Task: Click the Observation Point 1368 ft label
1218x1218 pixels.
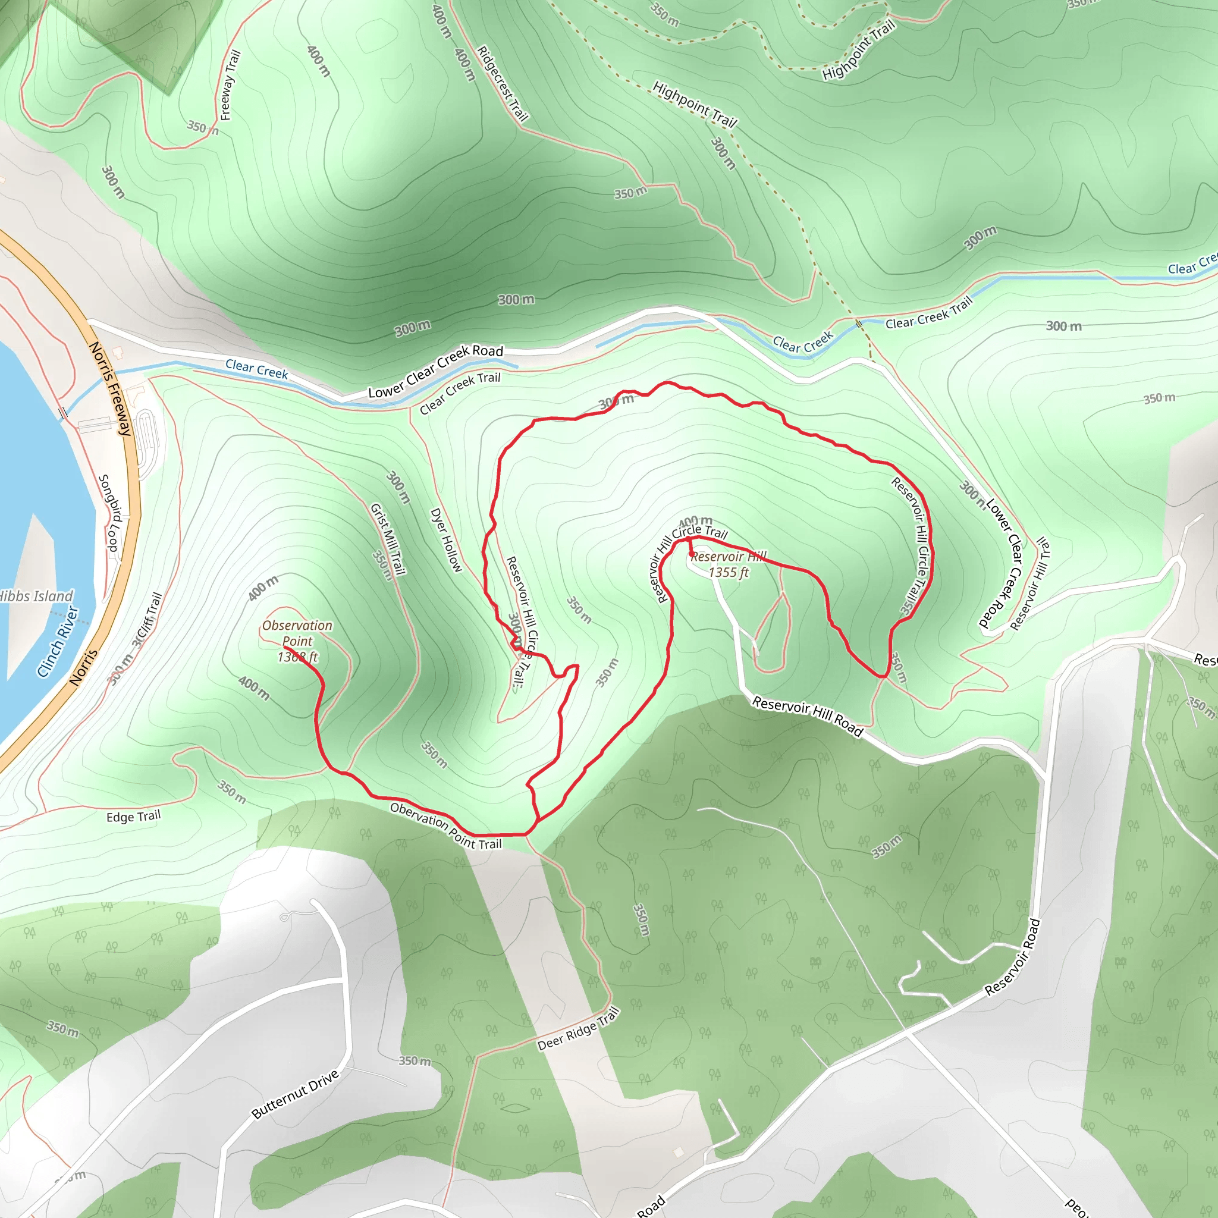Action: click(297, 641)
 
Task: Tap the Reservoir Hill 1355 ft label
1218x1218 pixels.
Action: click(728, 564)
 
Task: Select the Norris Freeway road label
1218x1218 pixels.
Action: click(111, 388)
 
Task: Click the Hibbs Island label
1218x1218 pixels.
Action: click(36, 597)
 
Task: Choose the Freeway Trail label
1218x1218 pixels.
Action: click(230, 85)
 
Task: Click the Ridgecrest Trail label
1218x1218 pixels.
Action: click(503, 83)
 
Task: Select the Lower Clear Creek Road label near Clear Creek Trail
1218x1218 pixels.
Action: click(435, 371)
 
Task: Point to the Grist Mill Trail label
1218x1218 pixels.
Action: click(388, 539)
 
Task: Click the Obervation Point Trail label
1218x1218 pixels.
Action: click(445, 826)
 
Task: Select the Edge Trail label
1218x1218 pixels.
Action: click(134, 817)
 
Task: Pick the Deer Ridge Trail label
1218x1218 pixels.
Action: click(579, 1029)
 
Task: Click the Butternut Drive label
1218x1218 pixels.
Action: click(296, 1094)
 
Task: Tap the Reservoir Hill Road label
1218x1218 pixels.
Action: click(808, 716)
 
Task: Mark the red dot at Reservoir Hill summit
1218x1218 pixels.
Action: click(692, 554)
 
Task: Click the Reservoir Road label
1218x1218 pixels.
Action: click(1012, 958)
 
